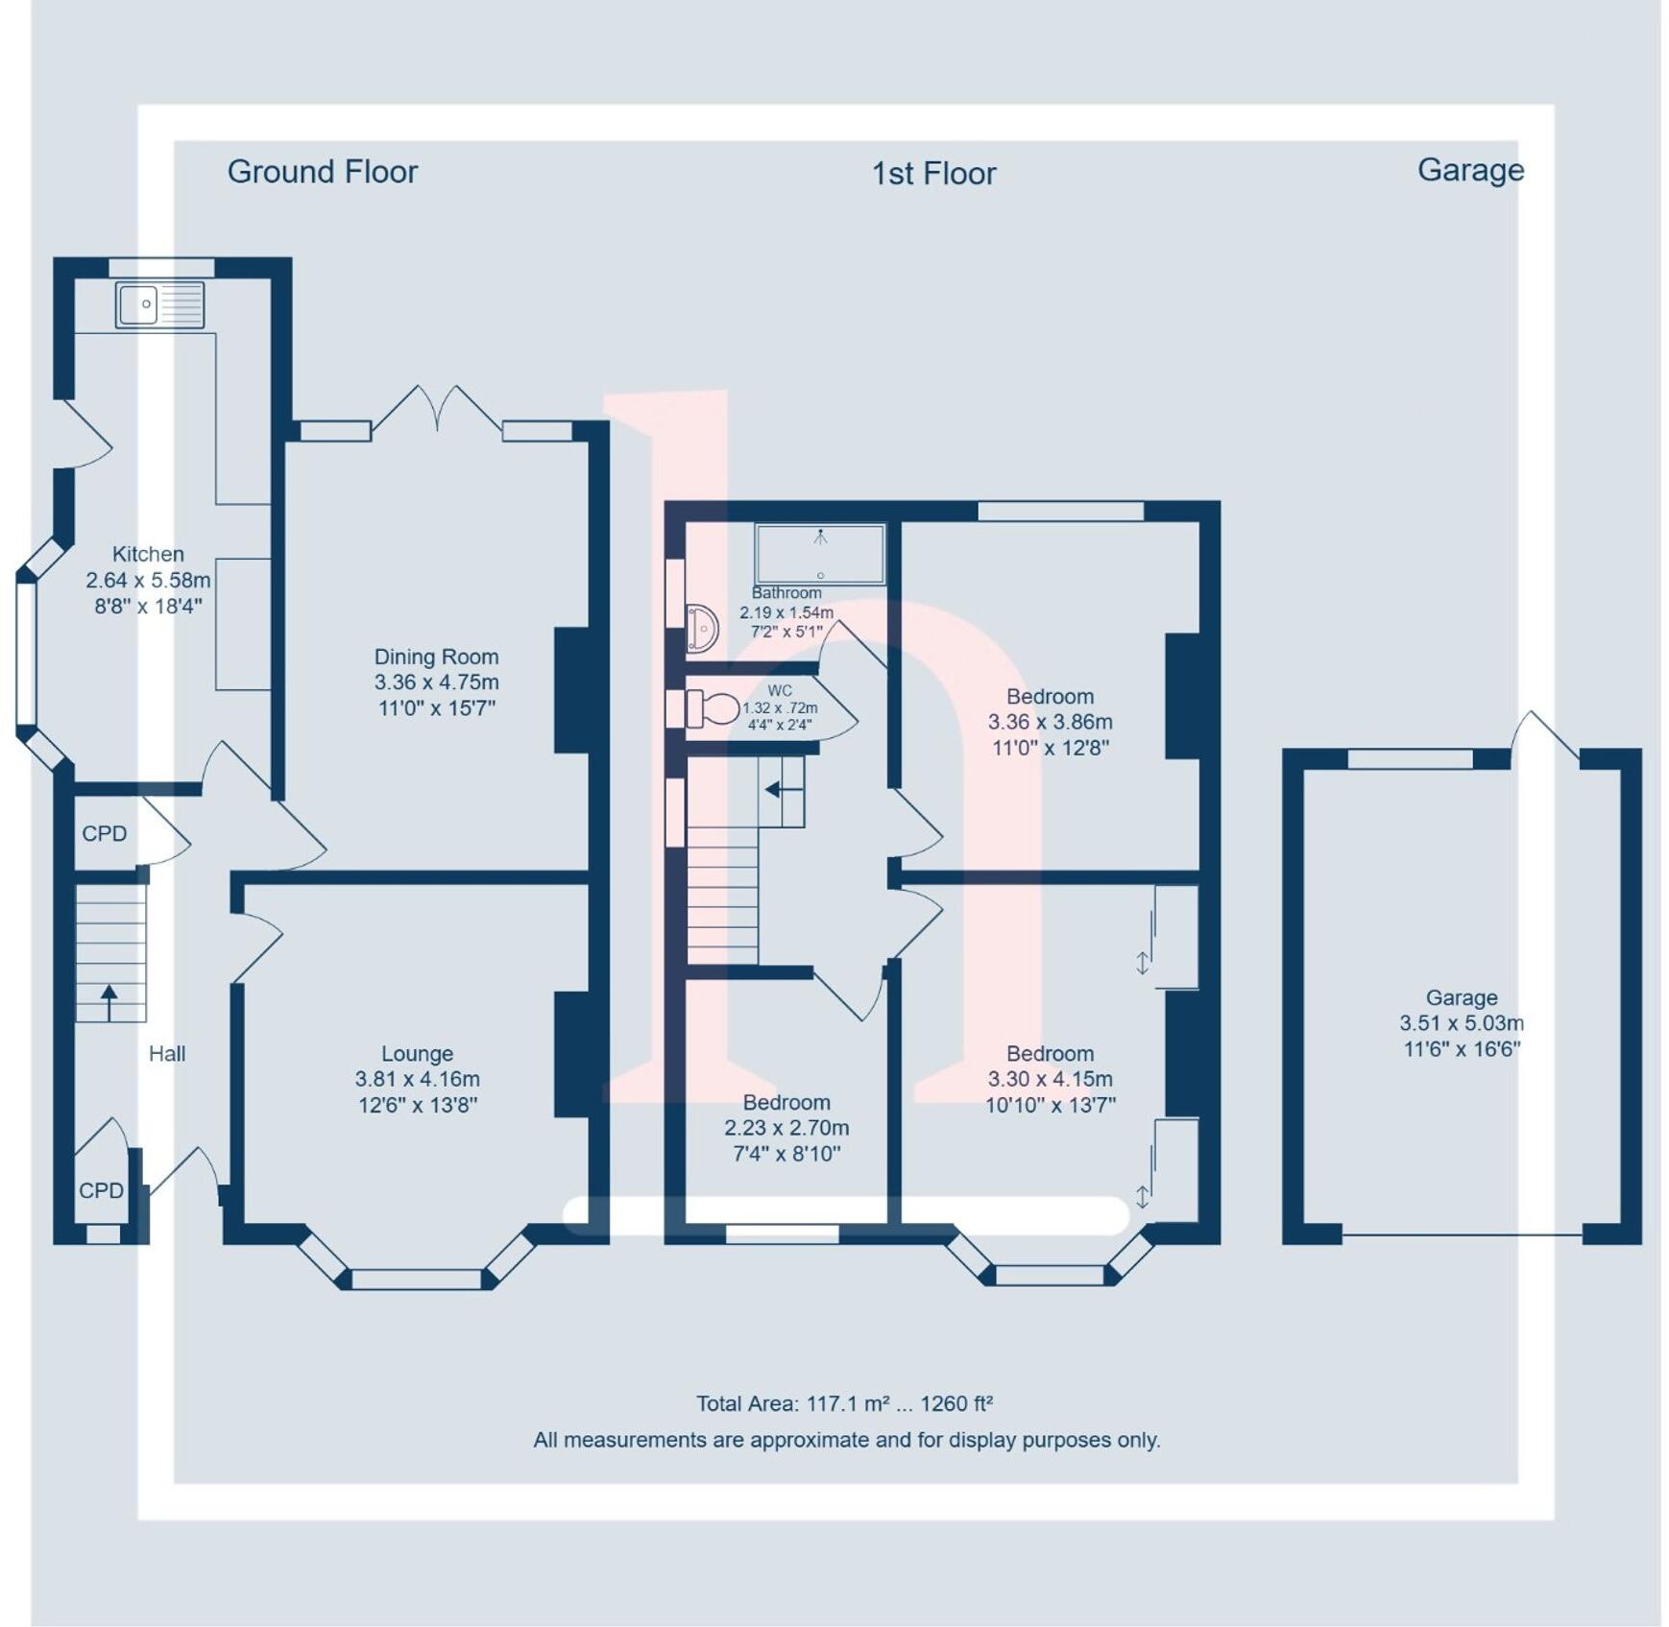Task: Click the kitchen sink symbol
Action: (159, 304)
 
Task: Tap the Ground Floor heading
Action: (322, 172)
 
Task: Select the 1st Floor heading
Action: (932, 174)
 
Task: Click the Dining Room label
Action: (436, 657)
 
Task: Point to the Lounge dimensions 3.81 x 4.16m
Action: (417, 1079)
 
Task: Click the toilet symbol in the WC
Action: (713, 709)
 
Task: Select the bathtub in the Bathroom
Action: (819, 554)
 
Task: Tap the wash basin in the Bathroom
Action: (702, 629)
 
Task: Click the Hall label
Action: (166, 1054)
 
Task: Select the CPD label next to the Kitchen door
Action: (104, 833)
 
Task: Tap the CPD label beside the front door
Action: (101, 1190)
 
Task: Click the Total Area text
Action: (844, 1403)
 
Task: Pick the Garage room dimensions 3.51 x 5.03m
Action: (1461, 1023)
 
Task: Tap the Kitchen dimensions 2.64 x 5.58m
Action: (148, 580)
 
